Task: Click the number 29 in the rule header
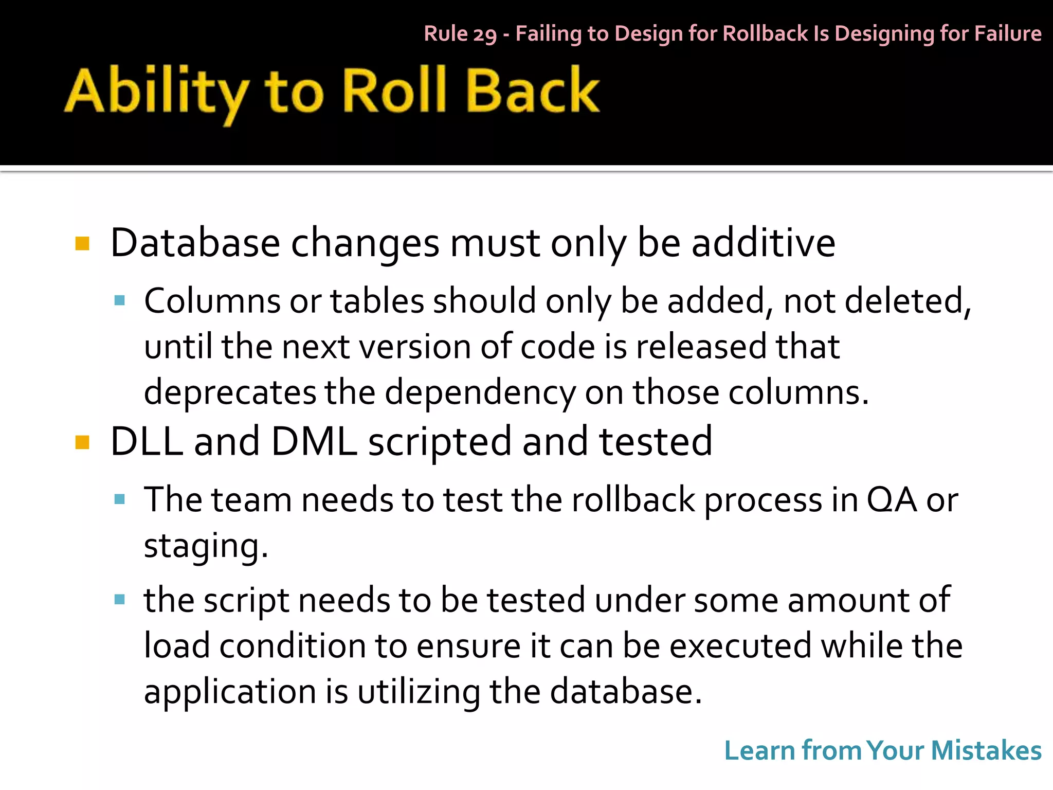tap(485, 34)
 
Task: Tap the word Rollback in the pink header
tap(765, 33)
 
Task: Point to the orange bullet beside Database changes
tap(82, 243)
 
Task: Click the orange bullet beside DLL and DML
tap(82, 442)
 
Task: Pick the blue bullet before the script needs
tap(120, 599)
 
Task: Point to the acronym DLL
tap(147, 441)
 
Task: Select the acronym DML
tap(314, 441)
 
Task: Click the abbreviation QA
tap(892, 499)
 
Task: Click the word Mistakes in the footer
tap(986, 750)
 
